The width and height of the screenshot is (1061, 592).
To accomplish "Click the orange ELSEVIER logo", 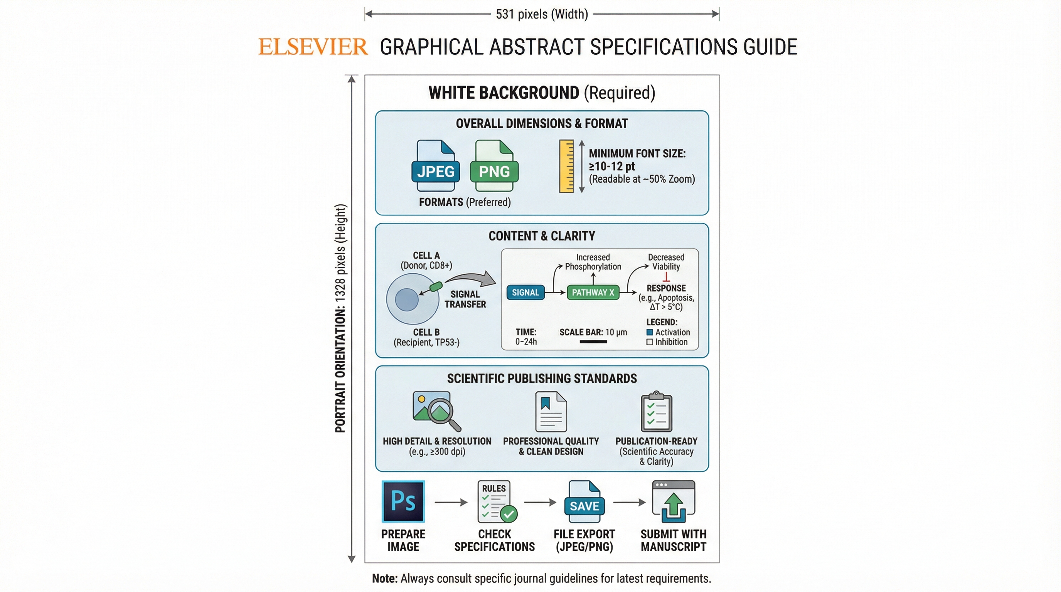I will [313, 47].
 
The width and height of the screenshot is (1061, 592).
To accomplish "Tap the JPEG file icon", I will [435, 166].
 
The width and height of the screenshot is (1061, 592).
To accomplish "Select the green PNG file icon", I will [494, 166].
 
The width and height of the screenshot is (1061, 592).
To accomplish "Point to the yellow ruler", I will [566, 166].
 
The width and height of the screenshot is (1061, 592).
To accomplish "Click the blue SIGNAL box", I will [525, 292].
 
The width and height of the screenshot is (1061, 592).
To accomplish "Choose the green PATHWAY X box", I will [593, 292].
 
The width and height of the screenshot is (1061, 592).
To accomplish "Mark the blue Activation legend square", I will [650, 332].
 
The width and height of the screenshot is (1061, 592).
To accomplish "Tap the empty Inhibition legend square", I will [650, 342].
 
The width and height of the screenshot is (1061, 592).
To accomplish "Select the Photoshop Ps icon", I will [403, 501].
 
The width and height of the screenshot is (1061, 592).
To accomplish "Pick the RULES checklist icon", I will [496, 501].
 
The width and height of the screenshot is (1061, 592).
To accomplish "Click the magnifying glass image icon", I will [436, 410].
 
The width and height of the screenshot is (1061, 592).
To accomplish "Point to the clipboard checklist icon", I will [656, 411].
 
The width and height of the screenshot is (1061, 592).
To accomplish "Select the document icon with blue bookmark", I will [551, 411].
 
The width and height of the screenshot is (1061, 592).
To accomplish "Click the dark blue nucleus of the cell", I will [406, 300].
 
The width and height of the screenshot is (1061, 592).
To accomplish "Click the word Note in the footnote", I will [384, 579].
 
